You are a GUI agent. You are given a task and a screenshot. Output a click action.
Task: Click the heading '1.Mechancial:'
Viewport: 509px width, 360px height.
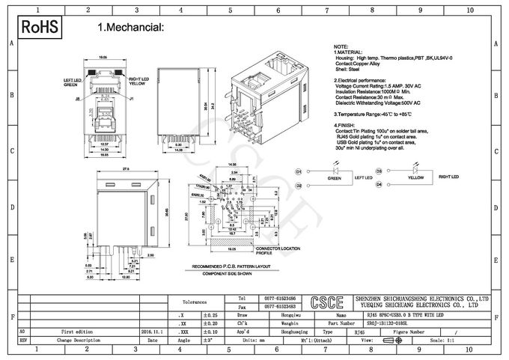click(x=130, y=28)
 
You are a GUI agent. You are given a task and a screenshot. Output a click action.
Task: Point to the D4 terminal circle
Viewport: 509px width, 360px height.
click(x=379, y=184)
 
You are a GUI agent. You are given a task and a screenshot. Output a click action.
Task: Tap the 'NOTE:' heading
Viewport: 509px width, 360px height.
click(x=341, y=46)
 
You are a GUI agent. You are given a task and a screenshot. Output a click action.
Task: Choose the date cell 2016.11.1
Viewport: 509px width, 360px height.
click(x=151, y=329)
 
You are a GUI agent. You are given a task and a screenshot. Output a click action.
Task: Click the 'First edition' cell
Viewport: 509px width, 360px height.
click(x=78, y=329)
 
